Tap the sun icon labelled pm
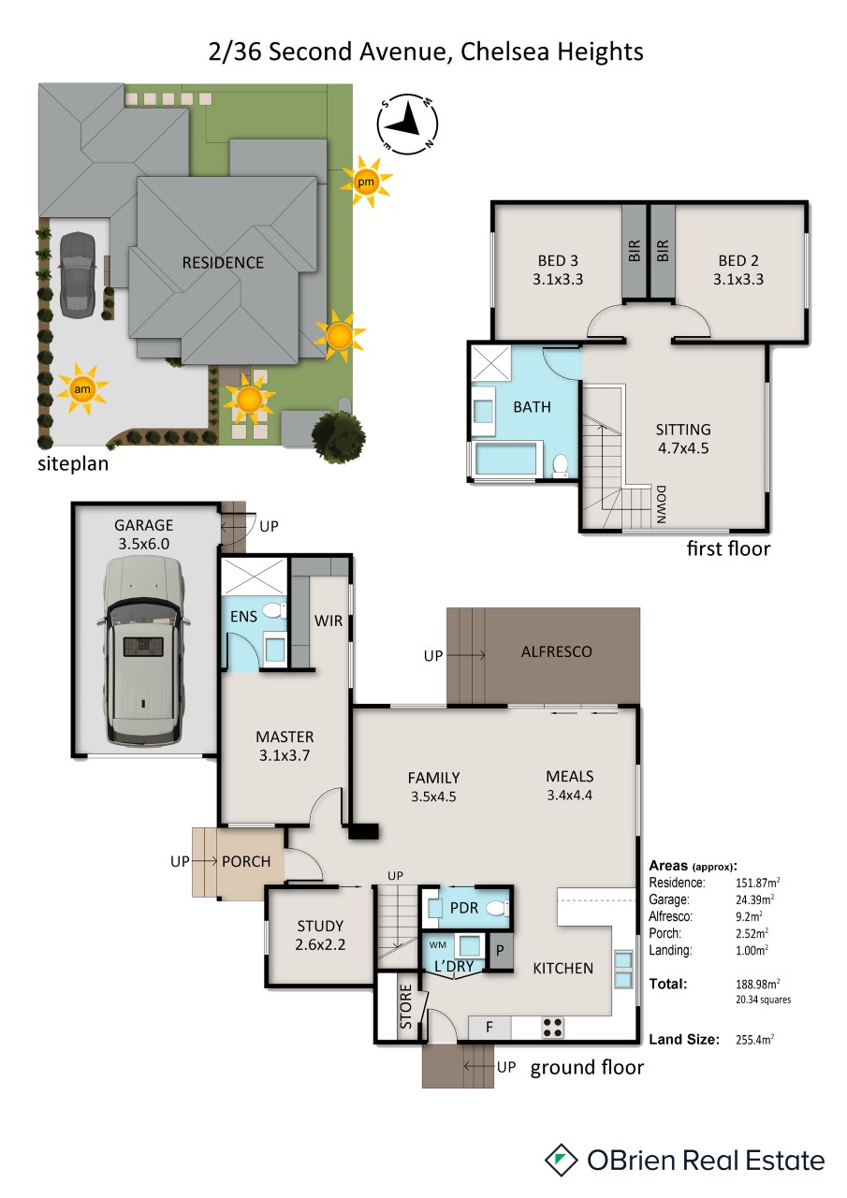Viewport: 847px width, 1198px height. tap(366, 182)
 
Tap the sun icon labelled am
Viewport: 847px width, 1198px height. tap(81, 388)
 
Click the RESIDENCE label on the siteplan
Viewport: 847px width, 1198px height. tap(223, 263)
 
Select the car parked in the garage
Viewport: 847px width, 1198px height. tap(143, 650)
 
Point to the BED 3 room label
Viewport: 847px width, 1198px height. tap(558, 260)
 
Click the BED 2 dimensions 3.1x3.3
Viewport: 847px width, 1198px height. tap(737, 279)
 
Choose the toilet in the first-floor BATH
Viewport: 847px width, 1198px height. tap(560, 465)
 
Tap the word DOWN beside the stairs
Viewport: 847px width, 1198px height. tap(662, 504)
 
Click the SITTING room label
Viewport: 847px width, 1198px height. tap(683, 430)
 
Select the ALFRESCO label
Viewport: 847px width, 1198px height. tap(557, 651)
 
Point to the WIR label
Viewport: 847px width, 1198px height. tap(329, 621)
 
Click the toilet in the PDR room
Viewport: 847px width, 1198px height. tap(497, 908)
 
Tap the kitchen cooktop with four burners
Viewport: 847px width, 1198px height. tap(552, 1027)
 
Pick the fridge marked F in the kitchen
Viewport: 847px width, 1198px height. tap(489, 1027)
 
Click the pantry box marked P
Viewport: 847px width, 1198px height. tap(501, 950)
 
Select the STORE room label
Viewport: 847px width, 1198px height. tap(406, 1006)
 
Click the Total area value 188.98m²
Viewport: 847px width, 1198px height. tap(757, 984)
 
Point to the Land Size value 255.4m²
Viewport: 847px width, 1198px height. tap(754, 1040)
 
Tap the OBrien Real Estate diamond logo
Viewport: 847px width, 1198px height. tap(561, 1160)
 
